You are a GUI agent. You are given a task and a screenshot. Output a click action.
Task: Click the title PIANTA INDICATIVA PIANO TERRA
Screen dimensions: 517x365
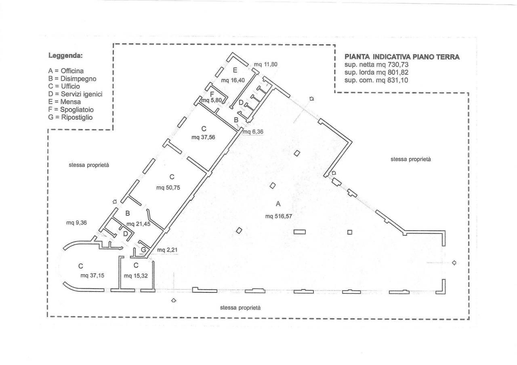pyautogui.click(x=402, y=57)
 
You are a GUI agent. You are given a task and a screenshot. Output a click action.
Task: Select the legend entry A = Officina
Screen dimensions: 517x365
pyautogui.click(x=66, y=71)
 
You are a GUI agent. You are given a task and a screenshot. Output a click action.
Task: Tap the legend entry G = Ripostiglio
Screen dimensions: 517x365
pyautogui.click(x=70, y=117)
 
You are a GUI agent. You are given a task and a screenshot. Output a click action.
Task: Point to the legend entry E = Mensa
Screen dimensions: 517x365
pyautogui.click(x=64, y=102)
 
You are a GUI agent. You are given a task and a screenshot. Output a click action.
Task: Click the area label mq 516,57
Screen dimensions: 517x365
pyautogui.click(x=279, y=216)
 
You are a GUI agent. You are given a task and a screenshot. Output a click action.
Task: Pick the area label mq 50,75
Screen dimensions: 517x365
pyautogui.click(x=168, y=188)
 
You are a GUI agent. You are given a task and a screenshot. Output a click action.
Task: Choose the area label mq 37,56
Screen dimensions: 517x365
pyautogui.click(x=203, y=138)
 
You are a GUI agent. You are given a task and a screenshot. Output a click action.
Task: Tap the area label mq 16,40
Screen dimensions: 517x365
pyautogui.click(x=233, y=80)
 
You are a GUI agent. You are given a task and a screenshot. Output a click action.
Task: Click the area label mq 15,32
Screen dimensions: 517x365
pyautogui.click(x=136, y=276)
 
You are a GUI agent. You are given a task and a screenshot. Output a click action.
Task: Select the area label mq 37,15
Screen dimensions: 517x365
pyautogui.click(x=92, y=275)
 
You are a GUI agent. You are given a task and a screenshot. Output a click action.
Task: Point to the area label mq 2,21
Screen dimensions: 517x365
pyautogui.click(x=167, y=250)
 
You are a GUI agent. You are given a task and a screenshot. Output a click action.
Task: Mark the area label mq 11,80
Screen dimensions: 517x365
pyautogui.click(x=265, y=64)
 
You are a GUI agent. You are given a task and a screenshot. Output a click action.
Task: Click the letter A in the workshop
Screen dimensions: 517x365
pyautogui.click(x=278, y=204)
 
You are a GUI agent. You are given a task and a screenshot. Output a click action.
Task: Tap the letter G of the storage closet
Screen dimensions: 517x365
pyautogui.click(x=143, y=250)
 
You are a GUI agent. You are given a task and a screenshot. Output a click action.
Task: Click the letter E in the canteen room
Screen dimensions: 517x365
pyautogui.click(x=235, y=70)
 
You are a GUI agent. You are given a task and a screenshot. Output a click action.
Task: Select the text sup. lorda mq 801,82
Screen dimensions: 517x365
pyautogui.click(x=376, y=73)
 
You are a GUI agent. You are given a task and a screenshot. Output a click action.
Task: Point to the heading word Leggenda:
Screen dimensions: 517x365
pyautogui.click(x=65, y=56)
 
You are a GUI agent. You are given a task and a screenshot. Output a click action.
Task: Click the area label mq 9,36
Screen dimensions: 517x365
pyautogui.click(x=76, y=223)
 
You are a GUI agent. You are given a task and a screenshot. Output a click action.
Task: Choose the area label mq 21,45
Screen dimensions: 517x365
pyautogui.click(x=138, y=224)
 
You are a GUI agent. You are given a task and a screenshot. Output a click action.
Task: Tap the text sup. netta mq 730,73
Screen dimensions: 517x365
pyautogui.click(x=376, y=65)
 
